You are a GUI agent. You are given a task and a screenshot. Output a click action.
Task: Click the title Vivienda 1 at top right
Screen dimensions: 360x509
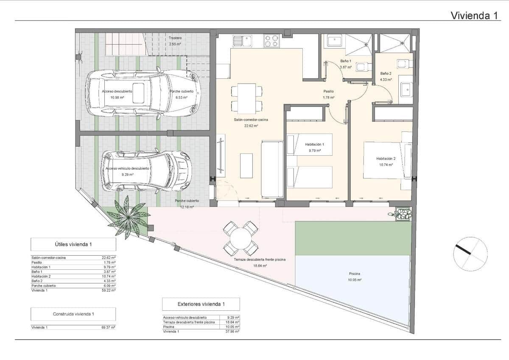point(474,16)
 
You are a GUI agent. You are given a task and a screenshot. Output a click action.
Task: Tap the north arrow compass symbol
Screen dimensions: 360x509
point(470,254)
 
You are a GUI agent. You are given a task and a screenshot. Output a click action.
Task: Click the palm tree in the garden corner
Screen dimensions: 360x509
point(128,217)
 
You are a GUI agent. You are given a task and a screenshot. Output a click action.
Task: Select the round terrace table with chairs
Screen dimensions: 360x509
point(241,238)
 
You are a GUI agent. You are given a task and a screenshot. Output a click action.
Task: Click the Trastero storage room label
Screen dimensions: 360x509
point(175,38)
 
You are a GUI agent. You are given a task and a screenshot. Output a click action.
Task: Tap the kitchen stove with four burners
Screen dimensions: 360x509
point(272,41)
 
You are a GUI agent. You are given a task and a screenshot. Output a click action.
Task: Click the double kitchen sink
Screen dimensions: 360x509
point(242,41)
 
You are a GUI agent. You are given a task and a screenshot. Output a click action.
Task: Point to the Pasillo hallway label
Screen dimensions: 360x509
point(328,91)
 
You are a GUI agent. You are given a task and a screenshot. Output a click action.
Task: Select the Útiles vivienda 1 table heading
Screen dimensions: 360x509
point(73,244)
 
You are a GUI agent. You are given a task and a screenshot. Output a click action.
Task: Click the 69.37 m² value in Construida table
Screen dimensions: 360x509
point(109,327)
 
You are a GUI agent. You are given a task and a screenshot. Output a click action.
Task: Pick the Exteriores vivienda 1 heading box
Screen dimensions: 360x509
point(201,304)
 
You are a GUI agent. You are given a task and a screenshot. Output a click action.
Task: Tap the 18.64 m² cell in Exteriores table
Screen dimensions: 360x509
point(233,322)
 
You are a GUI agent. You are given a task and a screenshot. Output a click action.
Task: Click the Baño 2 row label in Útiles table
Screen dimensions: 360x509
point(37,281)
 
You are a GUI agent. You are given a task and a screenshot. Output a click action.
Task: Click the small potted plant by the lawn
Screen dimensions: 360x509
point(402,213)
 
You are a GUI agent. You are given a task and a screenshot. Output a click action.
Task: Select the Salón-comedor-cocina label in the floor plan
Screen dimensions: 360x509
point(251,120)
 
